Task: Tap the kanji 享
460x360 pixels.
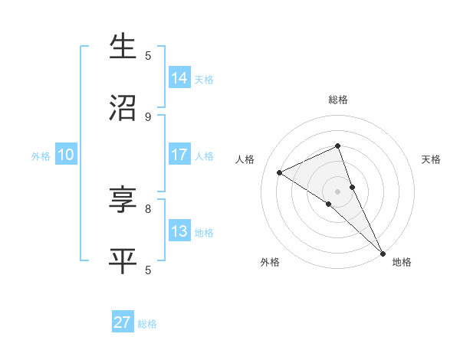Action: click(x=123, y=201)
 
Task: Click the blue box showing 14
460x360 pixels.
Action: click(x=179, y=78)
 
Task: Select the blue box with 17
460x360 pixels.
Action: click(x=179, y=155)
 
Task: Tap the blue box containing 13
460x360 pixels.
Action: click(x=179, y=231)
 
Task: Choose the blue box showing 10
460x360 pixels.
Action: click(x=66, y=155)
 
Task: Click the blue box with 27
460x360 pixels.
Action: click(x=123, y=322)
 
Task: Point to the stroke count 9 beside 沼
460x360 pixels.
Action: click(x=148, y=116)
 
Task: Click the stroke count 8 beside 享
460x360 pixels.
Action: click(x=148, y=208)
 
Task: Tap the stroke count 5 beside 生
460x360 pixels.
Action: click(x=148, y=55)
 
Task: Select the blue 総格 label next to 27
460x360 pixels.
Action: click(x=147, y=324)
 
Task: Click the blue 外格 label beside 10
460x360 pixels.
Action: click(x=41, y=156)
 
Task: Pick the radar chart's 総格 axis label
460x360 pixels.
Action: click(x=337, y=100)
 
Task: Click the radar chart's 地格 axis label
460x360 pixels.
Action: click(x=402, y=262)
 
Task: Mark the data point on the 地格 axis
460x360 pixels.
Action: click(x=383, y=252)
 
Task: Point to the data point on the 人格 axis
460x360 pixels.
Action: click(x=280, y=172)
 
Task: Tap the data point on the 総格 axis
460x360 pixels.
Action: click(x=337, y=146)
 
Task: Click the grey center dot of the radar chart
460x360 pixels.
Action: click(x=337, y=191)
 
